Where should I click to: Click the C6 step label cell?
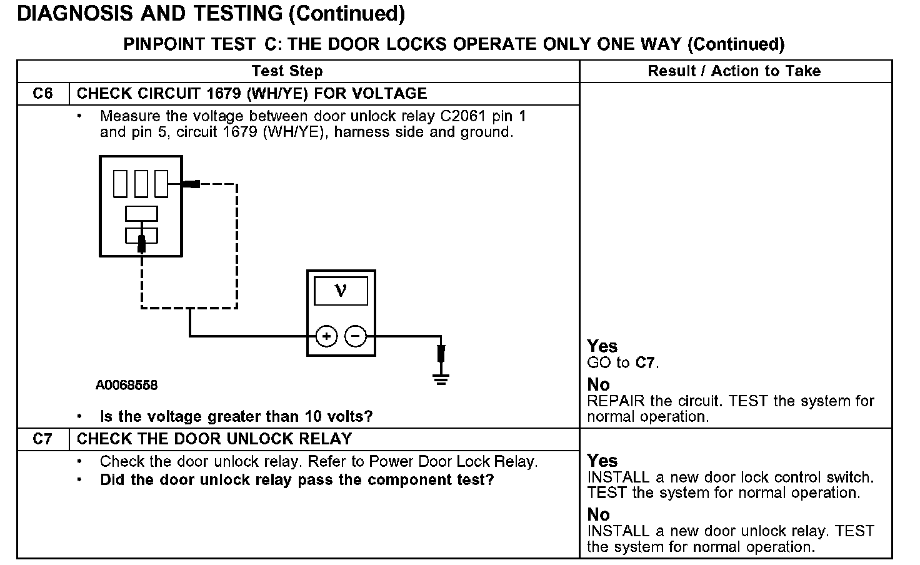(42, 94)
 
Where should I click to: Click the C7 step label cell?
(42, 439)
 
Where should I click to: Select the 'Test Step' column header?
(287, 71)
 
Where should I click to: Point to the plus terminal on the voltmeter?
(326, 336)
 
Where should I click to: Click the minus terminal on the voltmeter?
(356, 336)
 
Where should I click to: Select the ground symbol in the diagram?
(441, 378)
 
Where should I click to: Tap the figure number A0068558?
(126, 385)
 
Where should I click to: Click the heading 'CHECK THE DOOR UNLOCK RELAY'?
(214, 439)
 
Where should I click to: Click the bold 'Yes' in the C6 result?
(602, 346)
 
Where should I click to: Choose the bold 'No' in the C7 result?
(598, 514)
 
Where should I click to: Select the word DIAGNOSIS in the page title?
(74, 14)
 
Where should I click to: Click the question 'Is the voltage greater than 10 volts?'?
(236, 416)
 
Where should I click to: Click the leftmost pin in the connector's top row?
(120, 184)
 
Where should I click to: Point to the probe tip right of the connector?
(192, 184)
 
